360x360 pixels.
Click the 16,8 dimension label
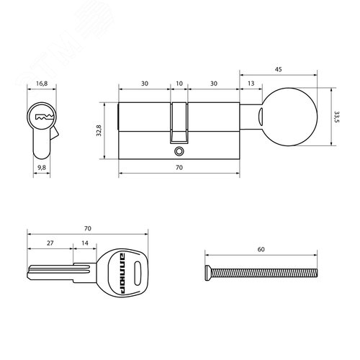pos(42,84)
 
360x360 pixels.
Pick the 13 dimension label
pos(249,84)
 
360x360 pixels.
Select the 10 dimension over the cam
pos(179,84)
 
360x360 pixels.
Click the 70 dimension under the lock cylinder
pos(179,167)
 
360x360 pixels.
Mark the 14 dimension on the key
pos(86,245)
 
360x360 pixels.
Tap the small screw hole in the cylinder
pos(178,152)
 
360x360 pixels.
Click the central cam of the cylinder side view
pos(179,122)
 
